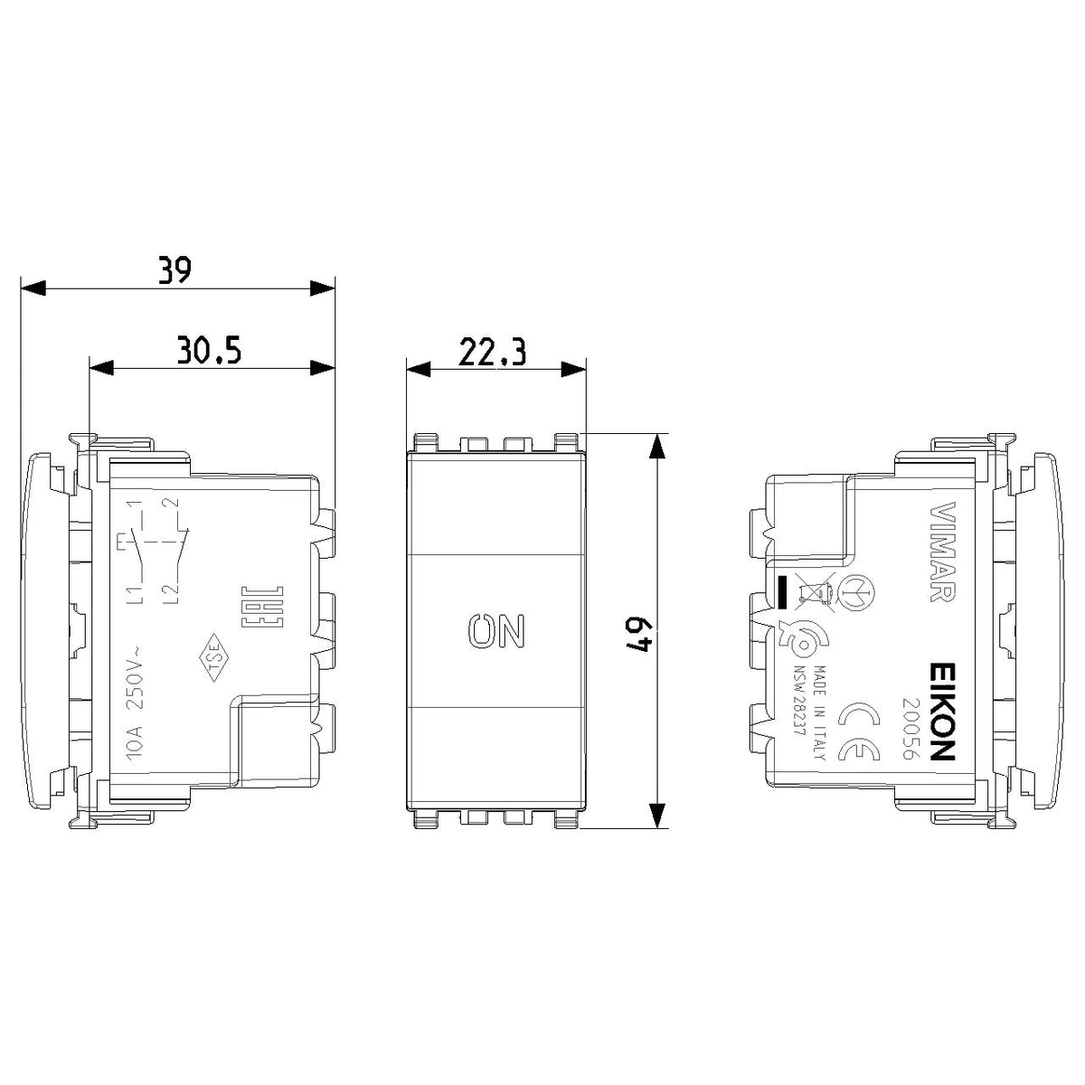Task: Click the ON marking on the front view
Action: click(x=496, y=629)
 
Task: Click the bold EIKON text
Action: click(x=941, y=712)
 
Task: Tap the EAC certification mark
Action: click(x=262, y=608)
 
